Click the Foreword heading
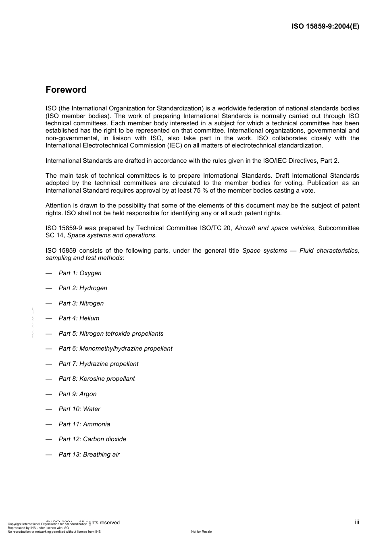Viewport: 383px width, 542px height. (x=66, y=89)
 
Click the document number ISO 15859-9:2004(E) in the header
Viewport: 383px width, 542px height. (x=325, y=27)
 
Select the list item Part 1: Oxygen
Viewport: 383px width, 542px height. (x=80, y=273)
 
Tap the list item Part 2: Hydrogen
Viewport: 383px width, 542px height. (x=83, y=288)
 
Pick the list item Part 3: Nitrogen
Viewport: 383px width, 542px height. (x=81, y=303)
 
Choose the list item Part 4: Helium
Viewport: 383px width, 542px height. (x=79, y=318)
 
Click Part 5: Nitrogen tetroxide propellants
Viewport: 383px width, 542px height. (x=111, y=334)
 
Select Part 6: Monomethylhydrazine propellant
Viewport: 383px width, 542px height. (x=115, y=349)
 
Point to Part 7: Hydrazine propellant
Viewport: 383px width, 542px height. (x=98, y=364)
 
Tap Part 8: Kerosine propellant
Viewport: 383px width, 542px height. (x=97, y=379)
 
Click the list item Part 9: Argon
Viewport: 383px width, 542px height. (x=77, y=394)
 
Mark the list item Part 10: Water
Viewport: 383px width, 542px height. (x=79, y=409)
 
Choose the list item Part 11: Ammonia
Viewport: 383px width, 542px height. (x=84, y=424)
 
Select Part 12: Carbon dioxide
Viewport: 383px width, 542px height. (x=92, y=439)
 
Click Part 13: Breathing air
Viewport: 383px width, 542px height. (x=89, y=455)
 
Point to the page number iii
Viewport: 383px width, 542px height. (x=357, y=522)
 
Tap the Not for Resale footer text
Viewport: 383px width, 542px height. (x=201, y=532)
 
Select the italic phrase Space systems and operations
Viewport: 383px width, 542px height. (x=111, y=235)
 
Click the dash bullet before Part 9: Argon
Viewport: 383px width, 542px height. (x=49, y=394)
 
